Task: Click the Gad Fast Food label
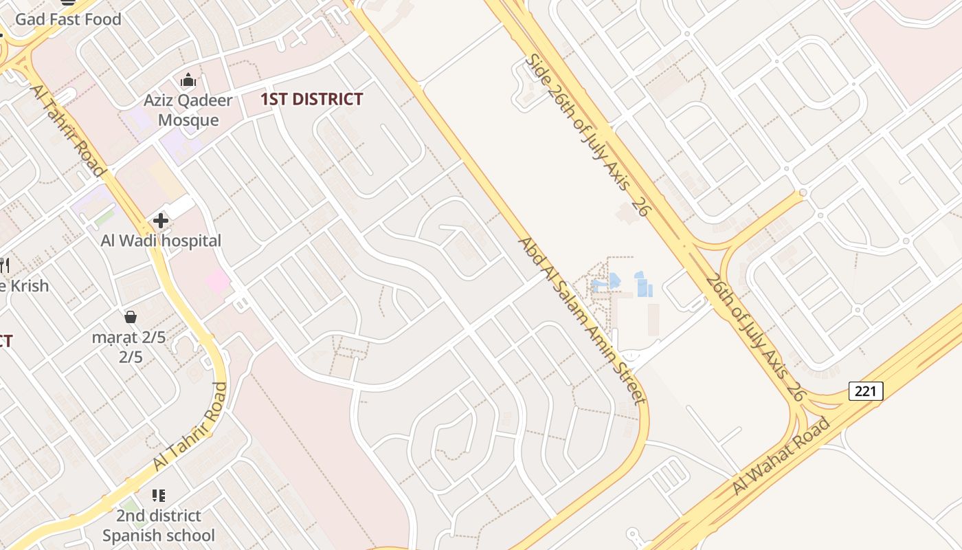[x=68, y=19]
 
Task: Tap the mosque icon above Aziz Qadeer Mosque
[x=188, y=80]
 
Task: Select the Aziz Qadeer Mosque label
[x=188, y=110]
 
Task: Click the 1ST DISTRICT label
[x=311, y=99]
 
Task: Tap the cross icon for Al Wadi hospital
[x=161, y=221]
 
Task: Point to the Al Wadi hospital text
[x=161, y=241]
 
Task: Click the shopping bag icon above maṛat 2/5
[x=131, y=317]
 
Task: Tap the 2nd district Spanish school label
[x=159, y=525]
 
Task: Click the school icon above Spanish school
[x=159, y=496]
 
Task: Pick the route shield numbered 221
[x=866, y=391]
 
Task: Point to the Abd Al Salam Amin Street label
[x=581, y=319]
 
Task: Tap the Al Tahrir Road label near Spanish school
[x=190, y=426]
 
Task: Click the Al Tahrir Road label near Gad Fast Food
[x=67, y=130]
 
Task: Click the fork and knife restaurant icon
[x=3, y=265]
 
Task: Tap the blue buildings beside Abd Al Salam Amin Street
[x=643, y=284]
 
